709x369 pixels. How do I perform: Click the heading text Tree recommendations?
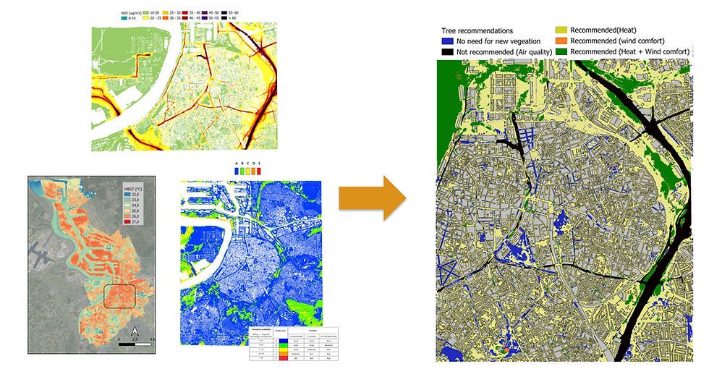pos(477,31)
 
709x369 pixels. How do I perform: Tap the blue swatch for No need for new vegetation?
pos(445,41)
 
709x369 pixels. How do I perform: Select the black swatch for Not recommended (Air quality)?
pos(445,52)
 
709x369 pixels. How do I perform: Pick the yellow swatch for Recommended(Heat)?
pos(561,30)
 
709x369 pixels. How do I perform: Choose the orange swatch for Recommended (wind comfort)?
pos(561,41)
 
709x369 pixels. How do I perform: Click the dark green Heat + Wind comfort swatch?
pos(561,52)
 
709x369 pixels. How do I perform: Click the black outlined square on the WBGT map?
pos(119,297)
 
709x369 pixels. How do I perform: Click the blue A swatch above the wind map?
pos(238,171)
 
